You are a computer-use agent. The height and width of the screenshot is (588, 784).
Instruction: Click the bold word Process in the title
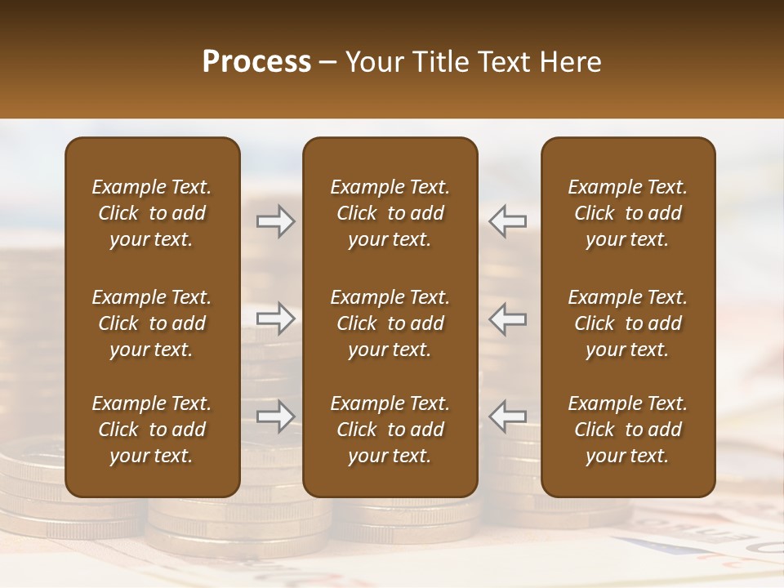(256, 62)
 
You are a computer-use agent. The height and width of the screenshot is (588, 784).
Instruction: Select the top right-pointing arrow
(275, 221)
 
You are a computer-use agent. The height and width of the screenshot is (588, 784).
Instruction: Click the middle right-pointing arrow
(275, 318)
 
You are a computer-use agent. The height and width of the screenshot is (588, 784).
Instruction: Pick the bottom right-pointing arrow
(275, 416)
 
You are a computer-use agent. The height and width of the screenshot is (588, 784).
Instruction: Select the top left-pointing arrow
(508, 221)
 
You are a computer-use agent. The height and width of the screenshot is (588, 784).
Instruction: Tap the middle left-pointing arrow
(508, 318)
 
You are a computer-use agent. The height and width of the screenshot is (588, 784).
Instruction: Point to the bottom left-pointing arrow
(508, 416)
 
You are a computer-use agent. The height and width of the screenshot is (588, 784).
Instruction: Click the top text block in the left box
(152, 213)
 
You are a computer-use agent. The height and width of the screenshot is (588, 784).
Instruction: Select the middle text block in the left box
(152, 323)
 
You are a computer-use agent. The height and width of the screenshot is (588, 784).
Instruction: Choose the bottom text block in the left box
(152, 430)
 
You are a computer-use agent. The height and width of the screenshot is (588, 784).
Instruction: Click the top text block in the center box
(390, 213)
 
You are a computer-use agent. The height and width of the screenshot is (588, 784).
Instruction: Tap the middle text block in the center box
(390, 323)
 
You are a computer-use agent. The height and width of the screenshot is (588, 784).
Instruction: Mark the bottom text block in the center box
(390, 430)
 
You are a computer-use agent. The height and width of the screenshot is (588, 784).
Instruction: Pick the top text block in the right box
(627, 213)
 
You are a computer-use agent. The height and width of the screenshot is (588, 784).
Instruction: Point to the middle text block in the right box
(627, 323)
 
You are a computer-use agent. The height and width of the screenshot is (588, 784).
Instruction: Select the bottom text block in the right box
(627, 430)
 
